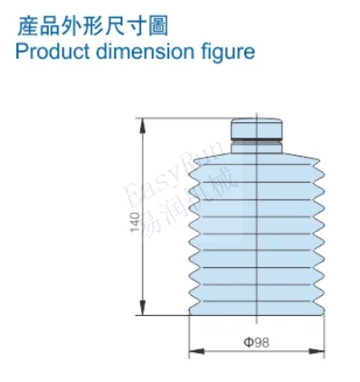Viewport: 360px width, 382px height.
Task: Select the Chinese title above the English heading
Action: pyautogui.click(x=92, y=26)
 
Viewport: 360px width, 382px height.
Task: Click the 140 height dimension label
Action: pyautogui.click(x=136, y=222)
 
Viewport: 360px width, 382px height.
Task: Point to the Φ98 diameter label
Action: pyautogui.click(x=257, y=342)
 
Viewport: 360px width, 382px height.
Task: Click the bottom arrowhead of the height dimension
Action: pyautogui.click(x=143, y=308)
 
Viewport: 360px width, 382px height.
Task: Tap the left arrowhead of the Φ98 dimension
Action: pyautogui.click(x=196, y=351)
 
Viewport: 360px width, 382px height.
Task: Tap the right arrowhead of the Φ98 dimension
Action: pyautogui.click(x=317, y=351)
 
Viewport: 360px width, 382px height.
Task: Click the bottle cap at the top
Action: pyautogui.click(x=257, y=128)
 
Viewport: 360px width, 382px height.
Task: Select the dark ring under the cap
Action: pyautogui.click(x=257, y=139)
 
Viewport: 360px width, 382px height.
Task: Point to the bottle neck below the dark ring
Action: pyautogui.click(x=257, y=148)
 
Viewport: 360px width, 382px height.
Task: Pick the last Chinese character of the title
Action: pyautogui.click(x=158, y=26)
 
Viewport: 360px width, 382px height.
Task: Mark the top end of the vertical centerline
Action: pyautogui.click(x=257, y=112)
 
